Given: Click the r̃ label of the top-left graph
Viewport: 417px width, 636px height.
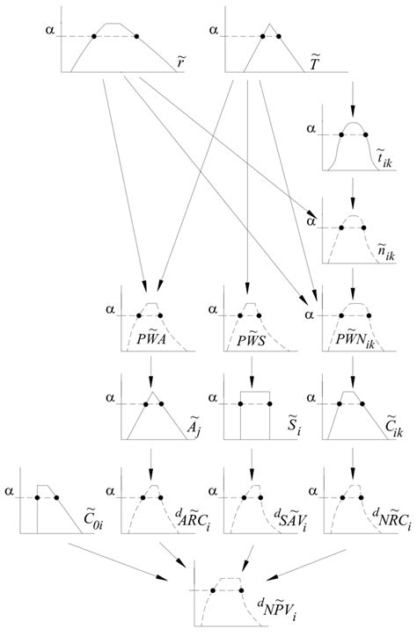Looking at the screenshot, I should [179, 65].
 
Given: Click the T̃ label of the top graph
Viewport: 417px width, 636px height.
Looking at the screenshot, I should [314, 63].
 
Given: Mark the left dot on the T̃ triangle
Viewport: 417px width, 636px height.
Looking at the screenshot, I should [262, 37].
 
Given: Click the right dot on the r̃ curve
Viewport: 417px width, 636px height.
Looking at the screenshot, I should [136, 37].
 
